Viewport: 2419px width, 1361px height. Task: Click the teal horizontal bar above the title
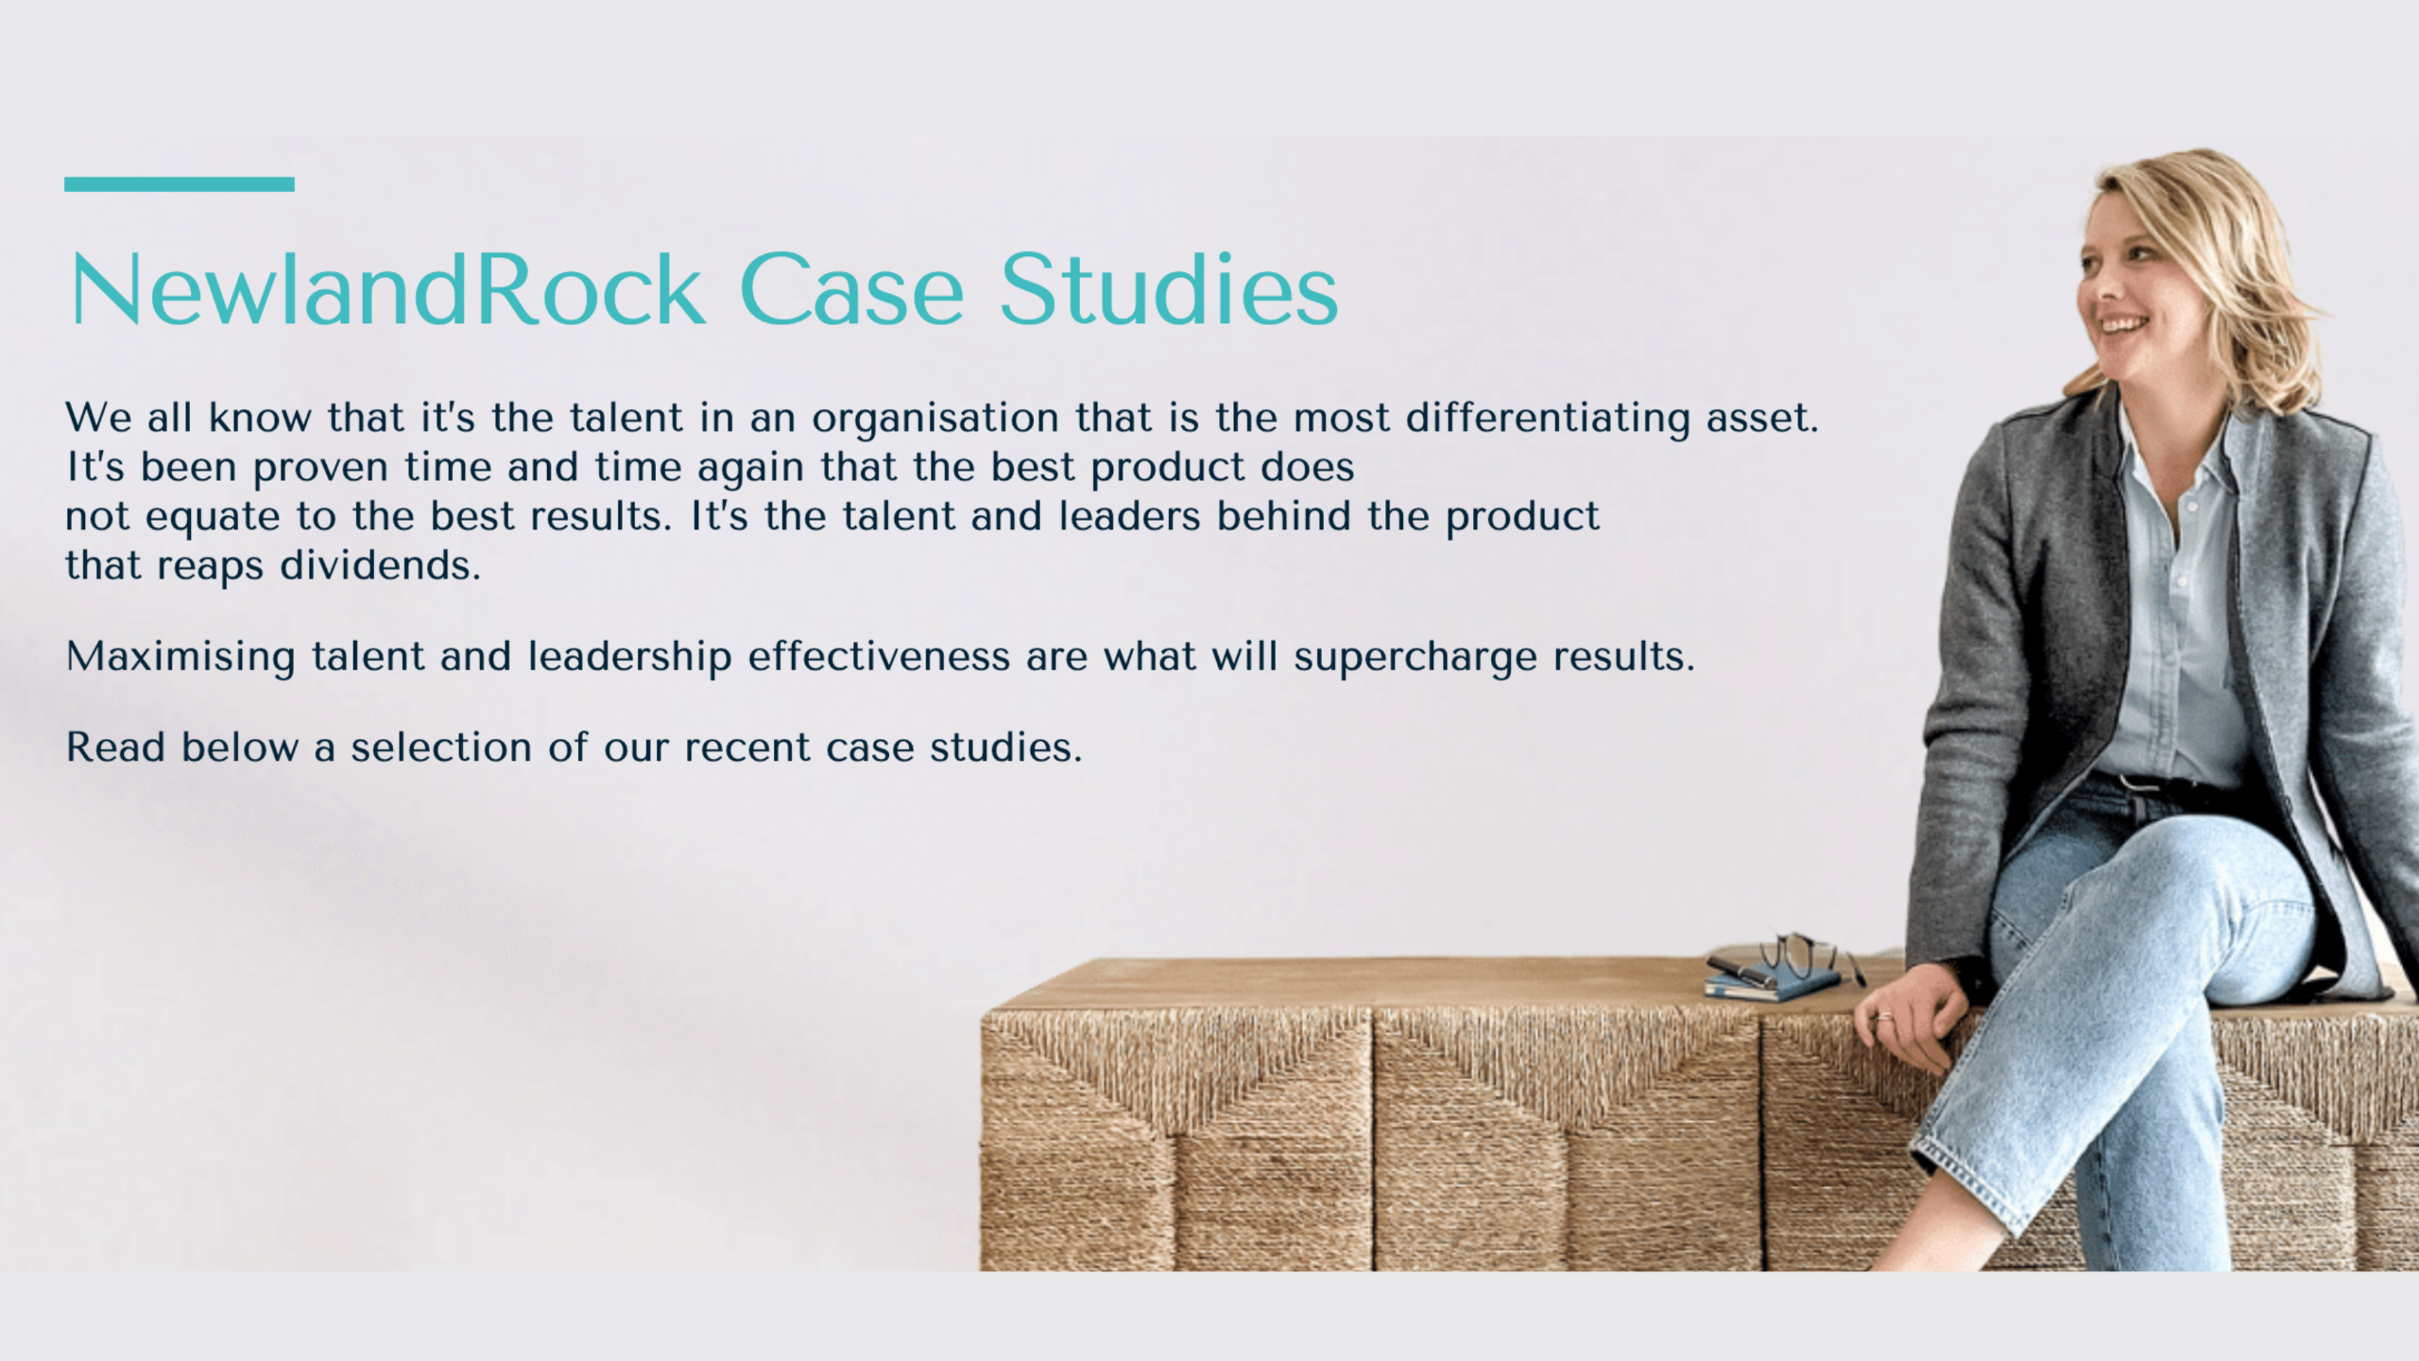coord(180,184)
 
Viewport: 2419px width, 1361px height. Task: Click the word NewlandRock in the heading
coord(387,290)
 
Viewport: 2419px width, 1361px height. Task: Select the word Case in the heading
coord(851,290)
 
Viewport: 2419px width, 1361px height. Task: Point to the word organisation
coord(935,420)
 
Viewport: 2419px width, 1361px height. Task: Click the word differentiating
coord(1548,420)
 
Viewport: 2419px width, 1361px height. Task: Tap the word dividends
coord(381,565)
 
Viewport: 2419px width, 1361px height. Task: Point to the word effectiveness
coord(879,656)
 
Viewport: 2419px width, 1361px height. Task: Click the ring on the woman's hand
coord(1883,1018)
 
